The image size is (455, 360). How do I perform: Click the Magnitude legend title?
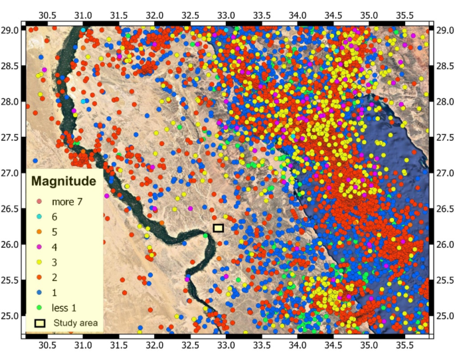coord(64,181)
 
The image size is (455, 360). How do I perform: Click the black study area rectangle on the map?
coord(219,228)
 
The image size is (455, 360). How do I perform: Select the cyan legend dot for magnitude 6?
coord(39,216)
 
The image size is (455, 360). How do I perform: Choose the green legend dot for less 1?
coord(39,308)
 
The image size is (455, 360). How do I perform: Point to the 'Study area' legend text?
coord(75,323)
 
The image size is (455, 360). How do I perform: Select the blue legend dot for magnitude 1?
coord(39,292)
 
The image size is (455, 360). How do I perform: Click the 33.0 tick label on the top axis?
coord(227,14)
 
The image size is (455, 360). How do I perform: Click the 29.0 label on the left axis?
coord(12,30)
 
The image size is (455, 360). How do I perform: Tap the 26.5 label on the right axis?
coord(444,209)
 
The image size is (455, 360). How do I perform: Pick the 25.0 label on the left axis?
coord(12,315)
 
